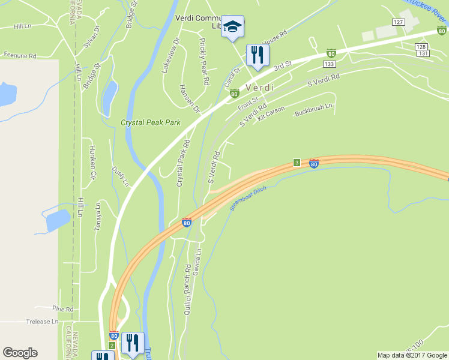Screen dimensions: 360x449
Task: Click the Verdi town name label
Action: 259,88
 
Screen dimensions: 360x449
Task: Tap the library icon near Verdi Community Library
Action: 232,27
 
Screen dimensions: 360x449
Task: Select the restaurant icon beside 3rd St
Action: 257,56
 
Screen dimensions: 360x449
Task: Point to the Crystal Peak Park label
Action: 150,122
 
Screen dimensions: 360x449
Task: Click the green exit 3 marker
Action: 297,163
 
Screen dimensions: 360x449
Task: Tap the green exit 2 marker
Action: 112,345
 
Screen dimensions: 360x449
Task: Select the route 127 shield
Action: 397,22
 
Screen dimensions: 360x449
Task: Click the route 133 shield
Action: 328,64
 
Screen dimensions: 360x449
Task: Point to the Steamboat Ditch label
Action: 247,199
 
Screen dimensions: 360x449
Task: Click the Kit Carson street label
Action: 271,113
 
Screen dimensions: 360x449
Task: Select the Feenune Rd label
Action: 20,55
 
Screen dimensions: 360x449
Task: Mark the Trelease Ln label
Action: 42,322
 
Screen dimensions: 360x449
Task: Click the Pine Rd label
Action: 62,309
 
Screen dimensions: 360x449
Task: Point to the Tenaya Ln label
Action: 97,216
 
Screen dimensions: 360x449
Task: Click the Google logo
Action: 20,353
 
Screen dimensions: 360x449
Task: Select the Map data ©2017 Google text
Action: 412,355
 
